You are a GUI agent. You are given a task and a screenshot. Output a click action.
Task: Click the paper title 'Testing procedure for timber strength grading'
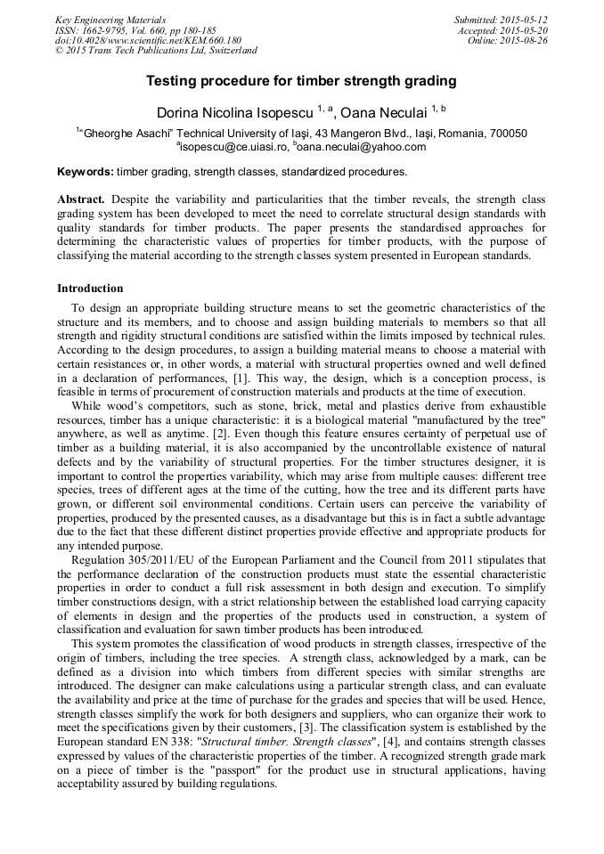301,81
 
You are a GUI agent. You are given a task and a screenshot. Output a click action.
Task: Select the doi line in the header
148,40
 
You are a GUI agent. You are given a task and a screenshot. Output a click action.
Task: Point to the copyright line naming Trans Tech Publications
156,51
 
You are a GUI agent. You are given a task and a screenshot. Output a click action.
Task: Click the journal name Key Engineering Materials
110,19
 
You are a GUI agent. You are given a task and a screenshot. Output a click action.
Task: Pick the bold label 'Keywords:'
85,171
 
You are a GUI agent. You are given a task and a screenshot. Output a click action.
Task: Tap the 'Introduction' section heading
90,289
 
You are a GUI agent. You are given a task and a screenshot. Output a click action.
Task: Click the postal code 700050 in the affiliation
506,134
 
